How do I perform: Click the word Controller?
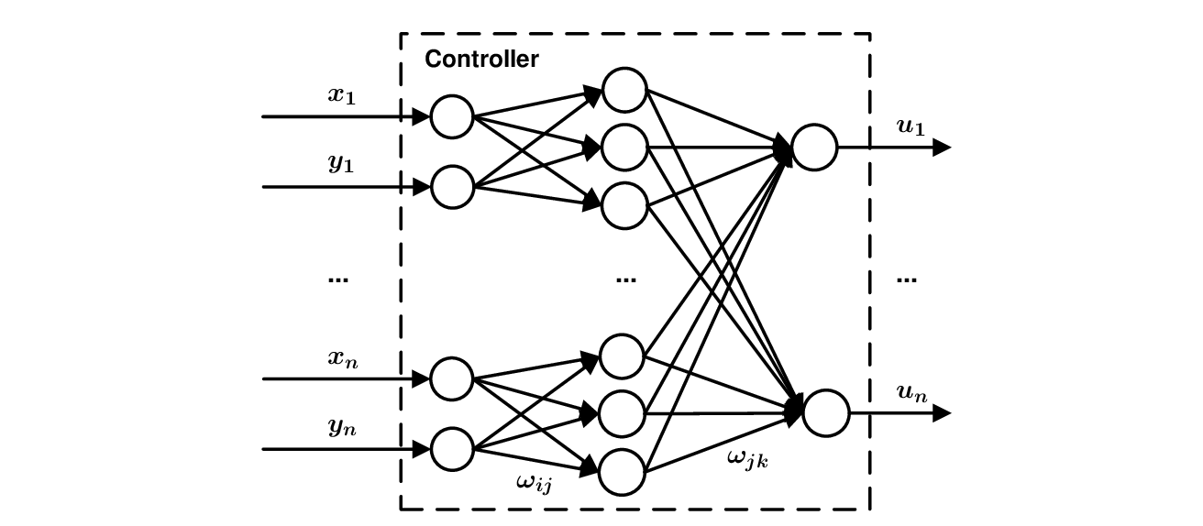click(x=481, y=60)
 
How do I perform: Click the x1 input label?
click(x=342, y=94)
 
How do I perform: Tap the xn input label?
click(x=343, y=358)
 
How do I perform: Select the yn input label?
click(x=343, y=427)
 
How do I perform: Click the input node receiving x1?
click(x=451, y=117)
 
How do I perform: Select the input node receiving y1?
click(x=451, y=186)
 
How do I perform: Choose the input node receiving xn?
click(x=451, y=378)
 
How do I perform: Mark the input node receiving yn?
click(x=451, y=448)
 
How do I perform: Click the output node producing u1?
click(x=814, y=147)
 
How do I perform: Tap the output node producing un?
click(x=826, y=412)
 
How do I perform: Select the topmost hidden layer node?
click(x=624, y=89)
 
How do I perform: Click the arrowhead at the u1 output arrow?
click(x=942, y=147)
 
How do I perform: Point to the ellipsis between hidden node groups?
click(x=626, y=279)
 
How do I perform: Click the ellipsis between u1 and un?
click(x=906, y=279)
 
